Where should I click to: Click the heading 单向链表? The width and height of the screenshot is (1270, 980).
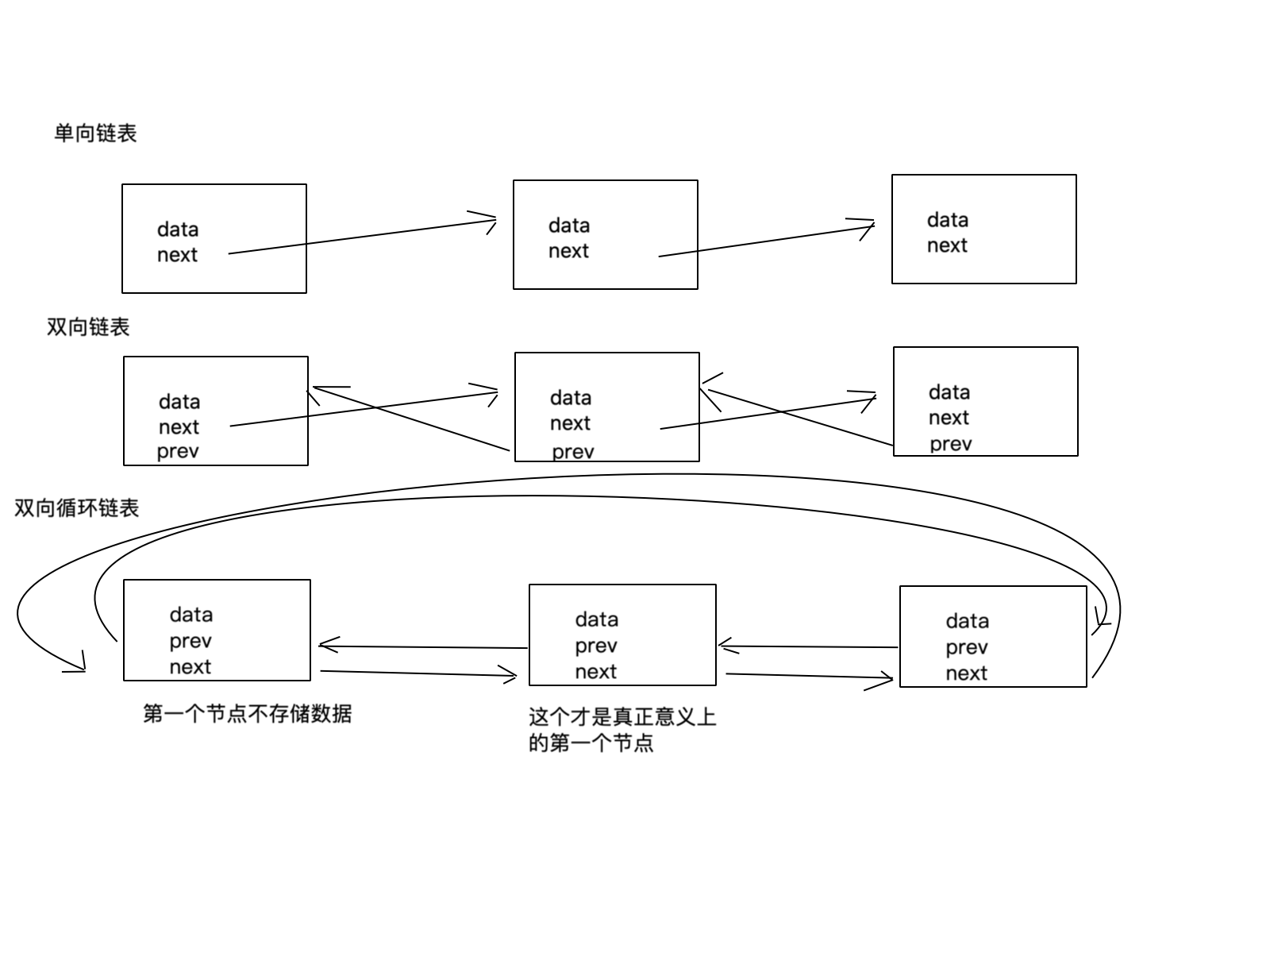(95, 133)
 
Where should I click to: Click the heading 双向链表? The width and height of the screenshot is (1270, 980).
(88, 327)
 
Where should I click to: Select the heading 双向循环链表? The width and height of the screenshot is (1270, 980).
(77, 508)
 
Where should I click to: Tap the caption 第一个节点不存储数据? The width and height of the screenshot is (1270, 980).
(247, 714)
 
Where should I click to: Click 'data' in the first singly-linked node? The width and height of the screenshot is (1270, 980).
(178, 230)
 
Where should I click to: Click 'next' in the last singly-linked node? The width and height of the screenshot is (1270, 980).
(947, 245)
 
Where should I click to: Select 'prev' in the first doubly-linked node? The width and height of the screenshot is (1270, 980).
(178, 452)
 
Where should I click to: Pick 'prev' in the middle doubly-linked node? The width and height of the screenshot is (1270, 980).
(573, 452)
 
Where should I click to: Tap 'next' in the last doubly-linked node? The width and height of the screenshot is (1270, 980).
(949, 418)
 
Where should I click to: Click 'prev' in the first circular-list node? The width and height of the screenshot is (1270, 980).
(190, 641)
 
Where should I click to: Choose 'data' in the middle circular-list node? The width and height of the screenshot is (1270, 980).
(597, 619)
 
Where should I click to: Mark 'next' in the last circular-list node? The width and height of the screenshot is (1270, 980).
(966, 673)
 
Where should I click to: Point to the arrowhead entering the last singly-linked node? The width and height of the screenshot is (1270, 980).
(868, 226)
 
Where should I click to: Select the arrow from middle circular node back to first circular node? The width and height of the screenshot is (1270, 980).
(421, 646)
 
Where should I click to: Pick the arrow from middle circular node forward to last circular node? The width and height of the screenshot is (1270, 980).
(810, 677)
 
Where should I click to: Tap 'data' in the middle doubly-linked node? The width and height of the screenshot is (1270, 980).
(571, 398)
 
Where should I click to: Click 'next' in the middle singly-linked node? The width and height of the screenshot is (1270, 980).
(568, 251)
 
